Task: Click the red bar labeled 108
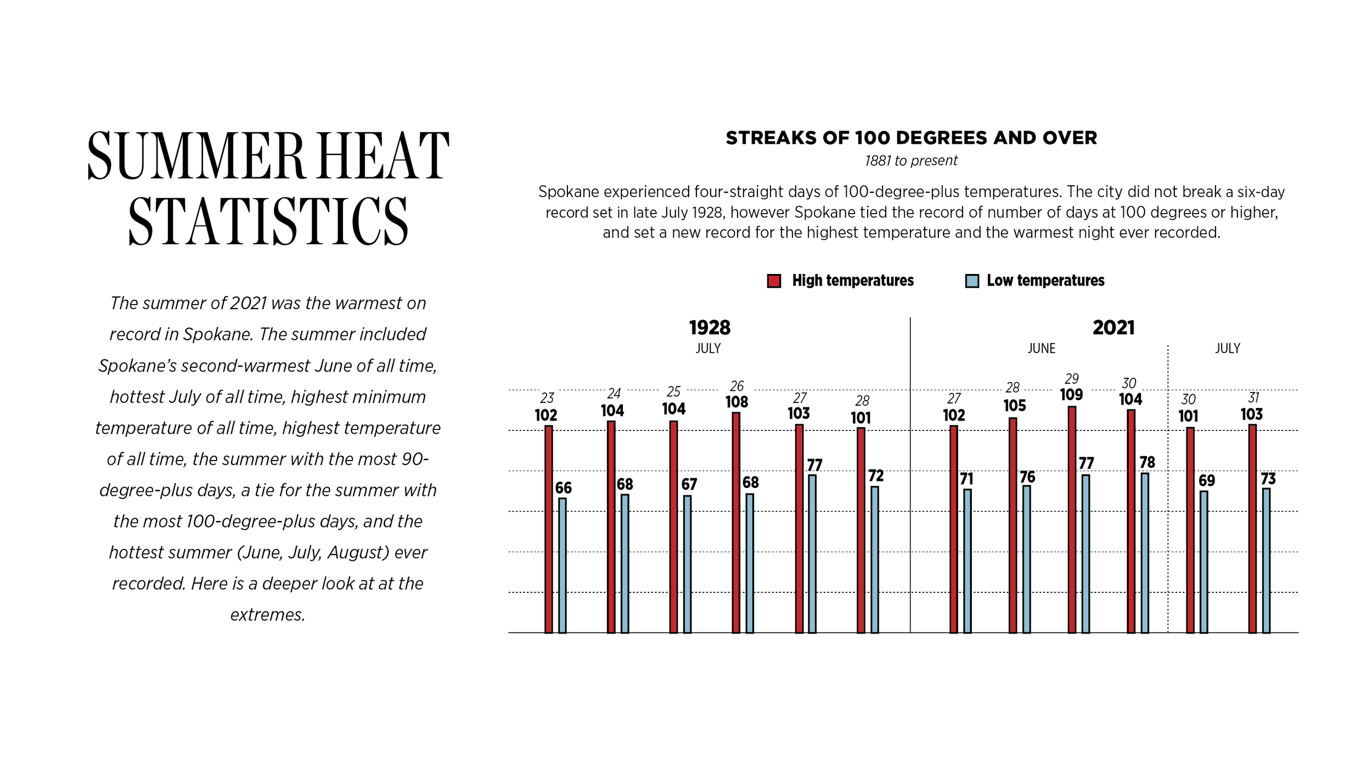736,523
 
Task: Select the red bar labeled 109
1072,520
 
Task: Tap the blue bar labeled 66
563,565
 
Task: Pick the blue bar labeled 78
1145,553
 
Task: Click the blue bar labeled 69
1204,562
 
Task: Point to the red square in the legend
774,281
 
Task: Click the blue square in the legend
972,281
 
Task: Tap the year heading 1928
710,328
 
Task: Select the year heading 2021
1114,328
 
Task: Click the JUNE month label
1041,349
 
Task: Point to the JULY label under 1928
708,349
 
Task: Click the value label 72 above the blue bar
876,475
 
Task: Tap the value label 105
1015,406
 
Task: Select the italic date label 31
1253,397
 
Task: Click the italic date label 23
547,398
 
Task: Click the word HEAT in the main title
383,156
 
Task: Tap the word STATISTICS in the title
268,221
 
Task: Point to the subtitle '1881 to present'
911,161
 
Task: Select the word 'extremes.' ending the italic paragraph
268,615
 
